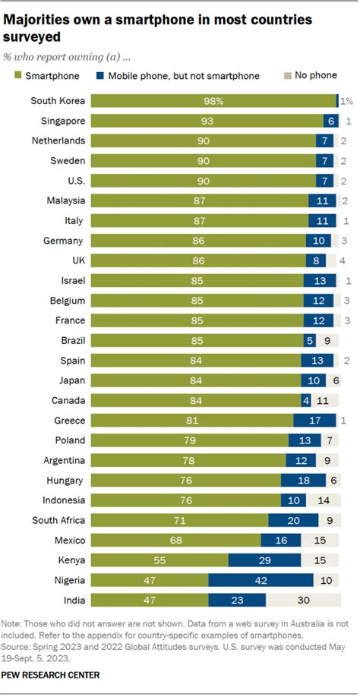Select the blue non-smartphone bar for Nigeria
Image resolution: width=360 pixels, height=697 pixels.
(261, 580)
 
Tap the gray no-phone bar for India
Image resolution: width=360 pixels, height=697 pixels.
(302, 600)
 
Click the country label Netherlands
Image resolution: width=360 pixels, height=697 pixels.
(57, 140)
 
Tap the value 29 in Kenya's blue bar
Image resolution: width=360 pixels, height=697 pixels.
(265, 560)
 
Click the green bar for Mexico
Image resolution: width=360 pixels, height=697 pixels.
(175, 540)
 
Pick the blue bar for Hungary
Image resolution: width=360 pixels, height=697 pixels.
(303, 481)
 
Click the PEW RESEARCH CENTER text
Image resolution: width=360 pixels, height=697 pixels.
(51, 674)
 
